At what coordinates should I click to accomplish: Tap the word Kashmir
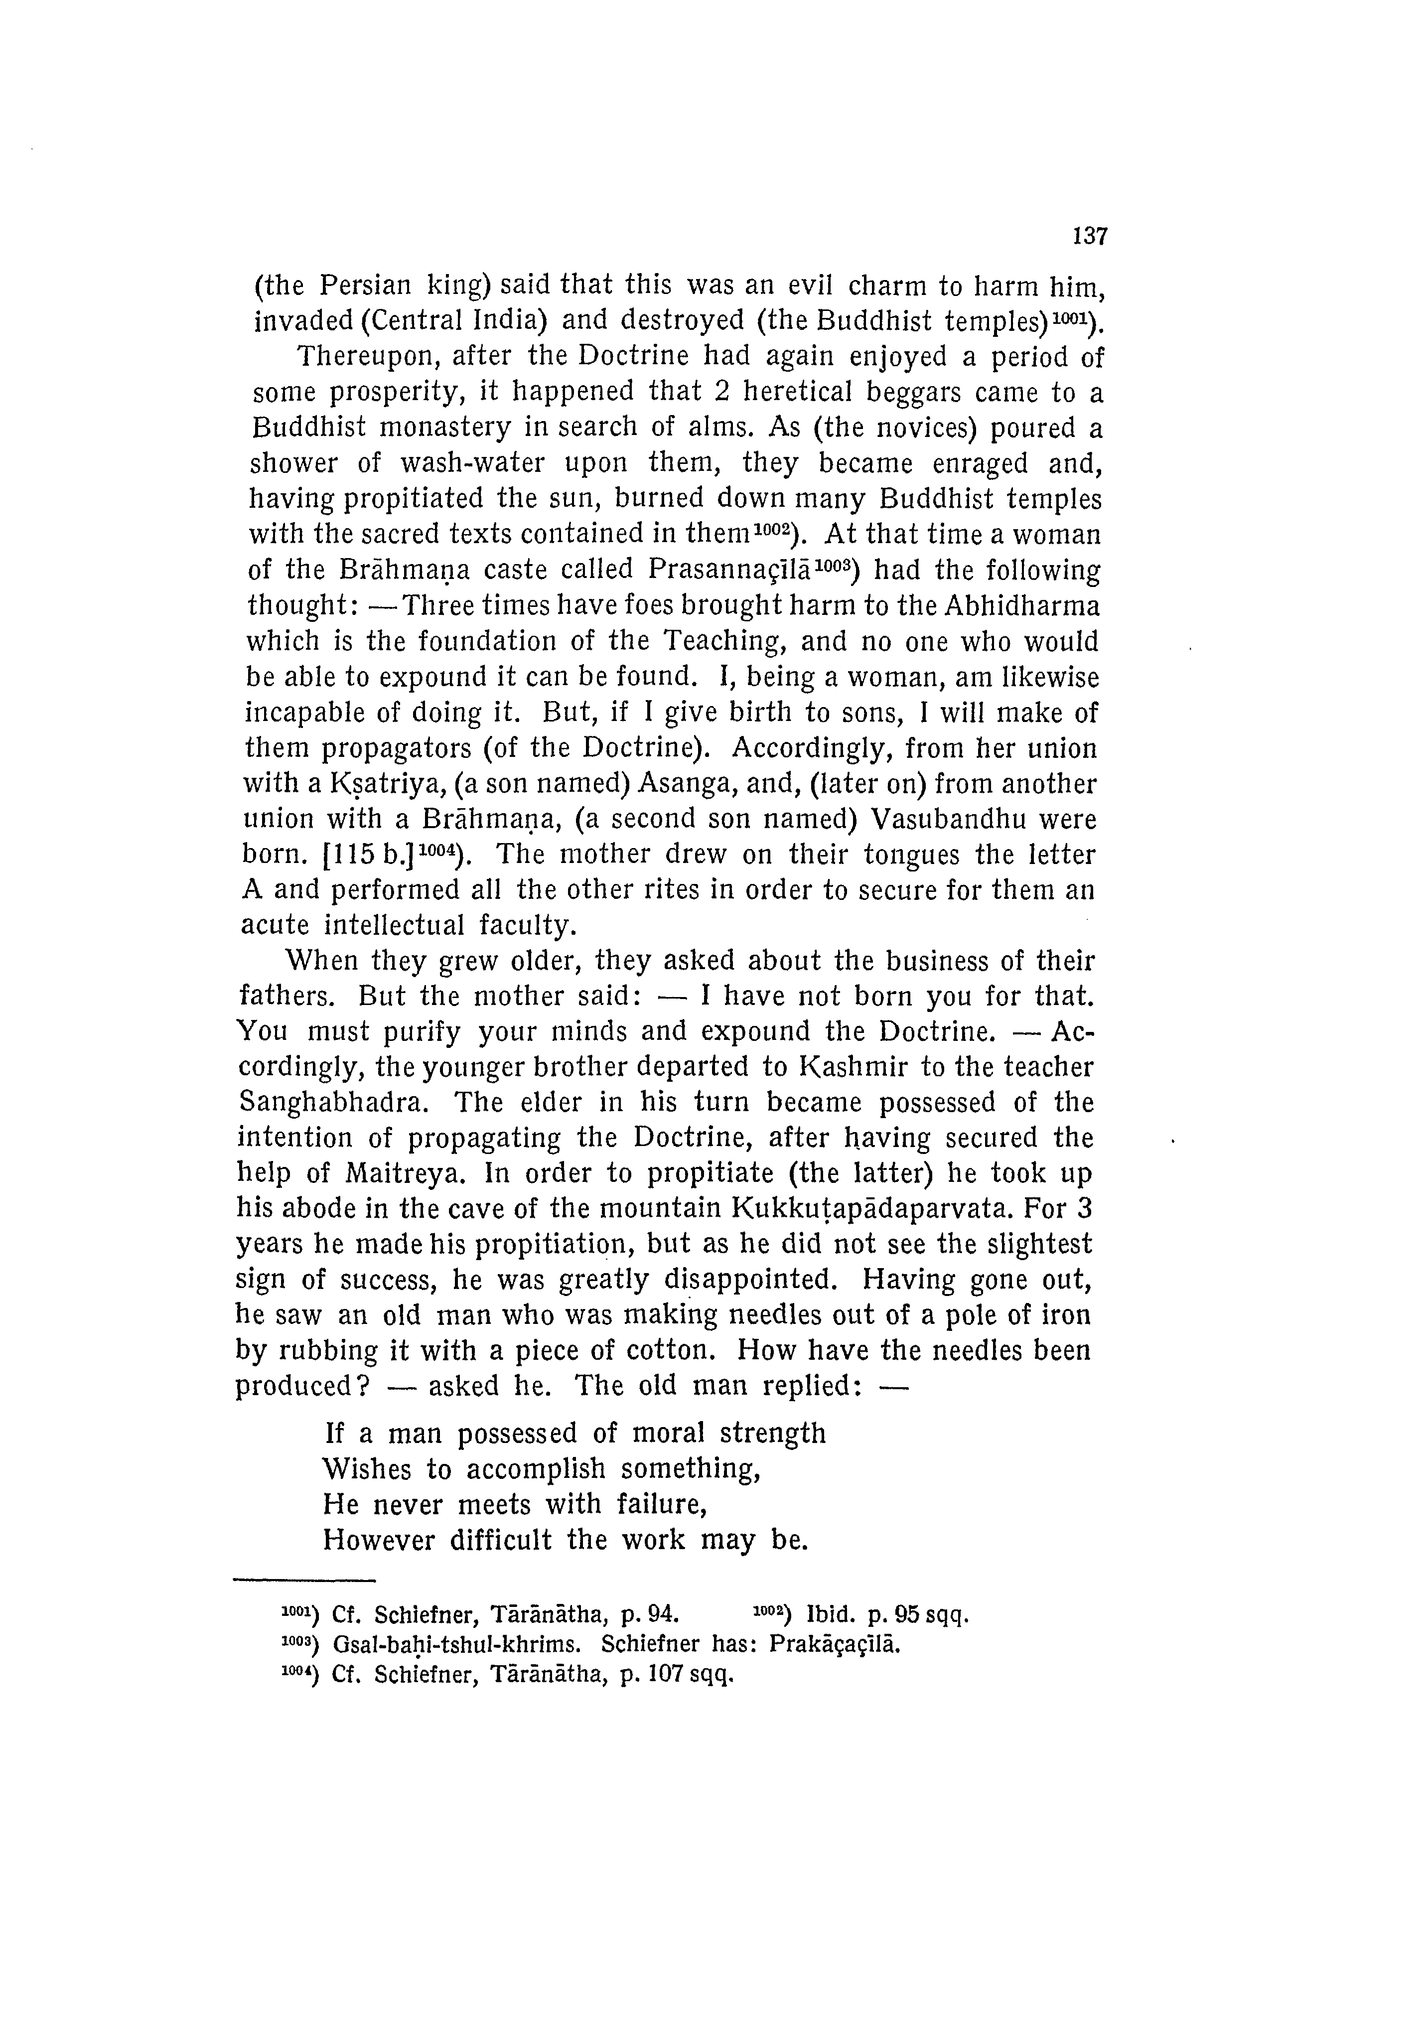point(852,1067)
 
